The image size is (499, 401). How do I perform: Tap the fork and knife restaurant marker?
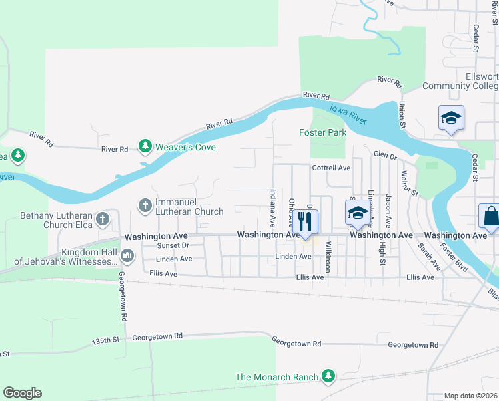point(305,221)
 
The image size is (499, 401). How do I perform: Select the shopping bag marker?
point(490,217)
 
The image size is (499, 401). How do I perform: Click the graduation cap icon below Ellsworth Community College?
point(451,118)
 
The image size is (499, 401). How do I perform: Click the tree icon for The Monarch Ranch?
point(328,377)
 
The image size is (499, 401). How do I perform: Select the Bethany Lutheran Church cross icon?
point(102,219)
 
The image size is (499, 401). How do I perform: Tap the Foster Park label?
point(322,133)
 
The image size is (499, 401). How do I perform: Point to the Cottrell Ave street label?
point(330,168)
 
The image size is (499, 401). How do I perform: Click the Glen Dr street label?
point(385,155)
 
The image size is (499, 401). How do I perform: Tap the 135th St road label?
point(105,340)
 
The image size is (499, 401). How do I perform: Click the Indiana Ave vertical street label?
point(272,207)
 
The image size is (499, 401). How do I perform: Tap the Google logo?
point(22,393)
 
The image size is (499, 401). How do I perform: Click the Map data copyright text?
point(471,396)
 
